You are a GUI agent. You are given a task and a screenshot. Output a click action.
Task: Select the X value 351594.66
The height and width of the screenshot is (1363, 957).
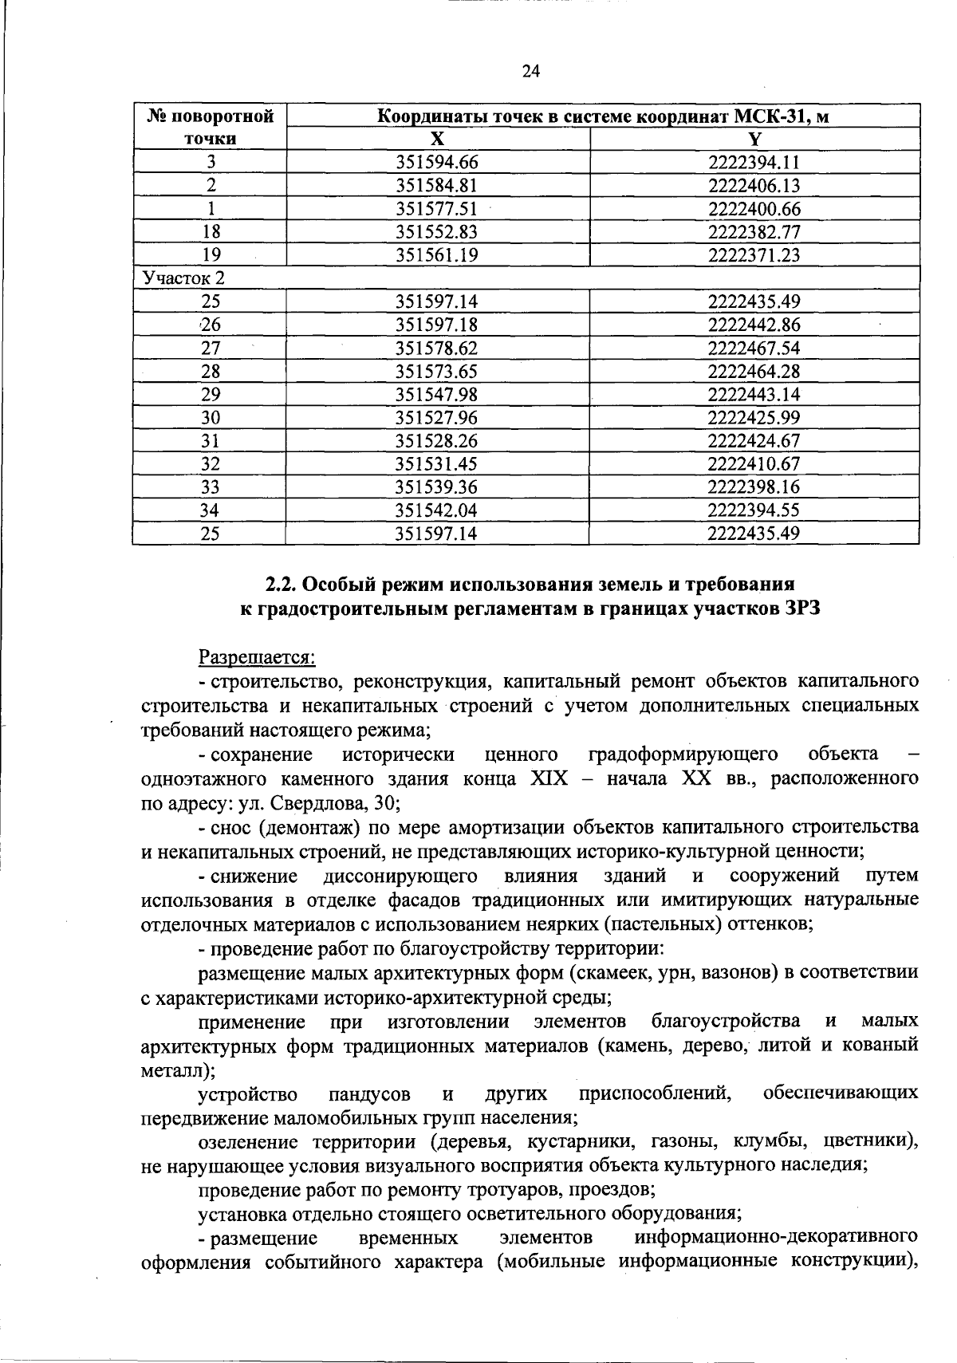437,163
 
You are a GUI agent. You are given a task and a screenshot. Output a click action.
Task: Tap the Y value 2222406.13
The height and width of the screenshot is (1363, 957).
754,186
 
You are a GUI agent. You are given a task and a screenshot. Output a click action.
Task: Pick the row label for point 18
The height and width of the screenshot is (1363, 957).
211,232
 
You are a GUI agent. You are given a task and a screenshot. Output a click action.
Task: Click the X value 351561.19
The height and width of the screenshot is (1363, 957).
437,255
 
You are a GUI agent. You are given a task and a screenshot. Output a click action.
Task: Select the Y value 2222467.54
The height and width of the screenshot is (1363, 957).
754,348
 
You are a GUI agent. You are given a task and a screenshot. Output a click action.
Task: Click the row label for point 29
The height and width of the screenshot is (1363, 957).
211,394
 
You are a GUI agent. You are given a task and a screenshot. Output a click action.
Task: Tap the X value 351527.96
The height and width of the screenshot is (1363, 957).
437,417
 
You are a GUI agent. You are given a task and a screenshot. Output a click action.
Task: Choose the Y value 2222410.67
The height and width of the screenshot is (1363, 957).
754,463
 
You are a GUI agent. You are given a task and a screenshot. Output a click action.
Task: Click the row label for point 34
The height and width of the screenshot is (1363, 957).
211,510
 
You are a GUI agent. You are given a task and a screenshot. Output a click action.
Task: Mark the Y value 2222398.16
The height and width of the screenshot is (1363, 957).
754,487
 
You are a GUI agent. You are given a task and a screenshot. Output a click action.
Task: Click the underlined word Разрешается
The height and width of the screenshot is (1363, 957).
257,658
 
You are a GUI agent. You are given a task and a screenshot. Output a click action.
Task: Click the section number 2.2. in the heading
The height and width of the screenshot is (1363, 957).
282,584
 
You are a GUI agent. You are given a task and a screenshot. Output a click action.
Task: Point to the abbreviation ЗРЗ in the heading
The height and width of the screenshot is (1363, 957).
799,609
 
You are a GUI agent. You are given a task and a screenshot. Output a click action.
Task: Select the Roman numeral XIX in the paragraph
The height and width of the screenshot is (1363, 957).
549,778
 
